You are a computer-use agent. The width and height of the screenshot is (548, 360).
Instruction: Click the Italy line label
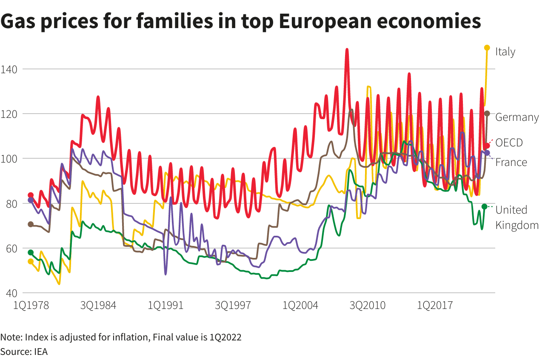point(505,52)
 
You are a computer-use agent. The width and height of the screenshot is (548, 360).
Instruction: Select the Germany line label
point(517,117)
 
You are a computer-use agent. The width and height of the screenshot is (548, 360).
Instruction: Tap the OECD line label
point(509,143)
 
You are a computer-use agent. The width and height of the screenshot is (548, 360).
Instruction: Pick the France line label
point(511,163)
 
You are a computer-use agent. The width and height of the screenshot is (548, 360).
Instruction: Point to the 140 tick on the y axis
point(8,69)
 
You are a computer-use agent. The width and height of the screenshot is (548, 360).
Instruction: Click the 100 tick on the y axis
point(8,159)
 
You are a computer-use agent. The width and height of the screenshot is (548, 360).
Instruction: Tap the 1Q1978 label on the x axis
point(31,306)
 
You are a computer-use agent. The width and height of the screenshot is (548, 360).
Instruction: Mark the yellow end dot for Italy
point(487,48)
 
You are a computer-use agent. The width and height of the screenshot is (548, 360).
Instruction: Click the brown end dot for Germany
point(487,114)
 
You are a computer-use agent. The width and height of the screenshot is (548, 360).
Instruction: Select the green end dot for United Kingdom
point(484,206)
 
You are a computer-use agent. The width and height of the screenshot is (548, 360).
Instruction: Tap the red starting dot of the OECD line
point(31,195)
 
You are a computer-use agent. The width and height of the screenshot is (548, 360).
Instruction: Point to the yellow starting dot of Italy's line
point(31,261)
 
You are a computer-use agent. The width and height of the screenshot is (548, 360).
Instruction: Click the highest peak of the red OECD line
point(347,50)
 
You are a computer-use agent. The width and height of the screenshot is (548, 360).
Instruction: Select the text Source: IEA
point(24,351)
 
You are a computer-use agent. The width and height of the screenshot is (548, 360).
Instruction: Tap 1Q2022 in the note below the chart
point(225,337)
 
